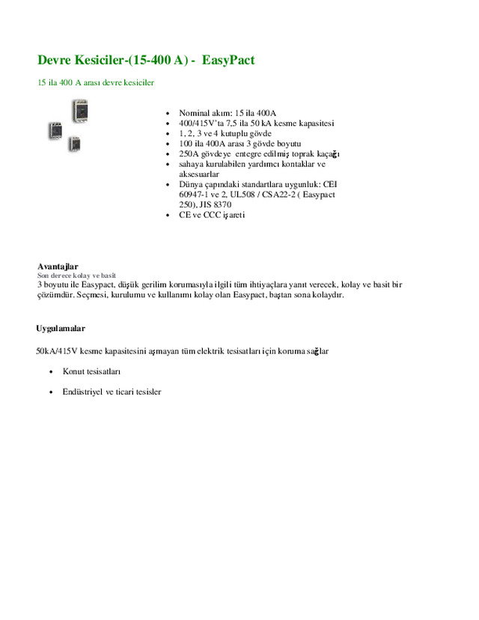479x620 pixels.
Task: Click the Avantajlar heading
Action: tap(58, 267)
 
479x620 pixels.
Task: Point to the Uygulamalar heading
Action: tap(61, 329)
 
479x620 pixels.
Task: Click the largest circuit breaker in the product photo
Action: tap(79, 112)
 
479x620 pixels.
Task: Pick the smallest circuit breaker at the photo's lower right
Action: tap(73, 143)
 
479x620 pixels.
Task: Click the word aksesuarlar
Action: tap(199, 174)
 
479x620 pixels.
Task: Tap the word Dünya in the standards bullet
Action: tap(191, 184)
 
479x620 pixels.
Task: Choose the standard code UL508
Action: tap(245, 194)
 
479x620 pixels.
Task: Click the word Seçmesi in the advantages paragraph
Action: tap(97, 295)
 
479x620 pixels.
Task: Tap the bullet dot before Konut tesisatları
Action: tap(50, 372)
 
